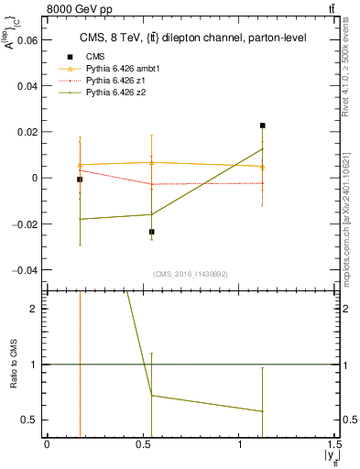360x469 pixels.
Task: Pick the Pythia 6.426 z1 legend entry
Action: pos(110,81)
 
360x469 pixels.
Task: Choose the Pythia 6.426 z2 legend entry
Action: pos(110,93)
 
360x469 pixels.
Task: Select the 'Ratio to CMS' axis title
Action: pos(13,365)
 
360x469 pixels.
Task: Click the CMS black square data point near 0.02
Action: pos(262,125)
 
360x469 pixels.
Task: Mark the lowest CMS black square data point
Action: pos(152,232)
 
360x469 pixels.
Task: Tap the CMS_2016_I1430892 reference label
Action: pos(190,274)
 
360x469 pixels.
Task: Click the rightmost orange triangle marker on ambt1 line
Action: pos(262,167)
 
